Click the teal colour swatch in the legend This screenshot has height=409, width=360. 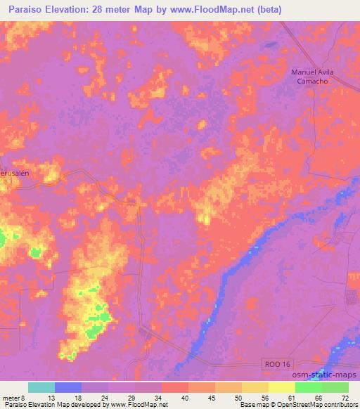(x=41, y=387)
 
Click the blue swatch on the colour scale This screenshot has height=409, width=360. (x=67, y=387)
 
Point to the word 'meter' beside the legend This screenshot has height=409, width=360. (x=12, y=397)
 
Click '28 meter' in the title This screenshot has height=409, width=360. (x=120, y=9)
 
